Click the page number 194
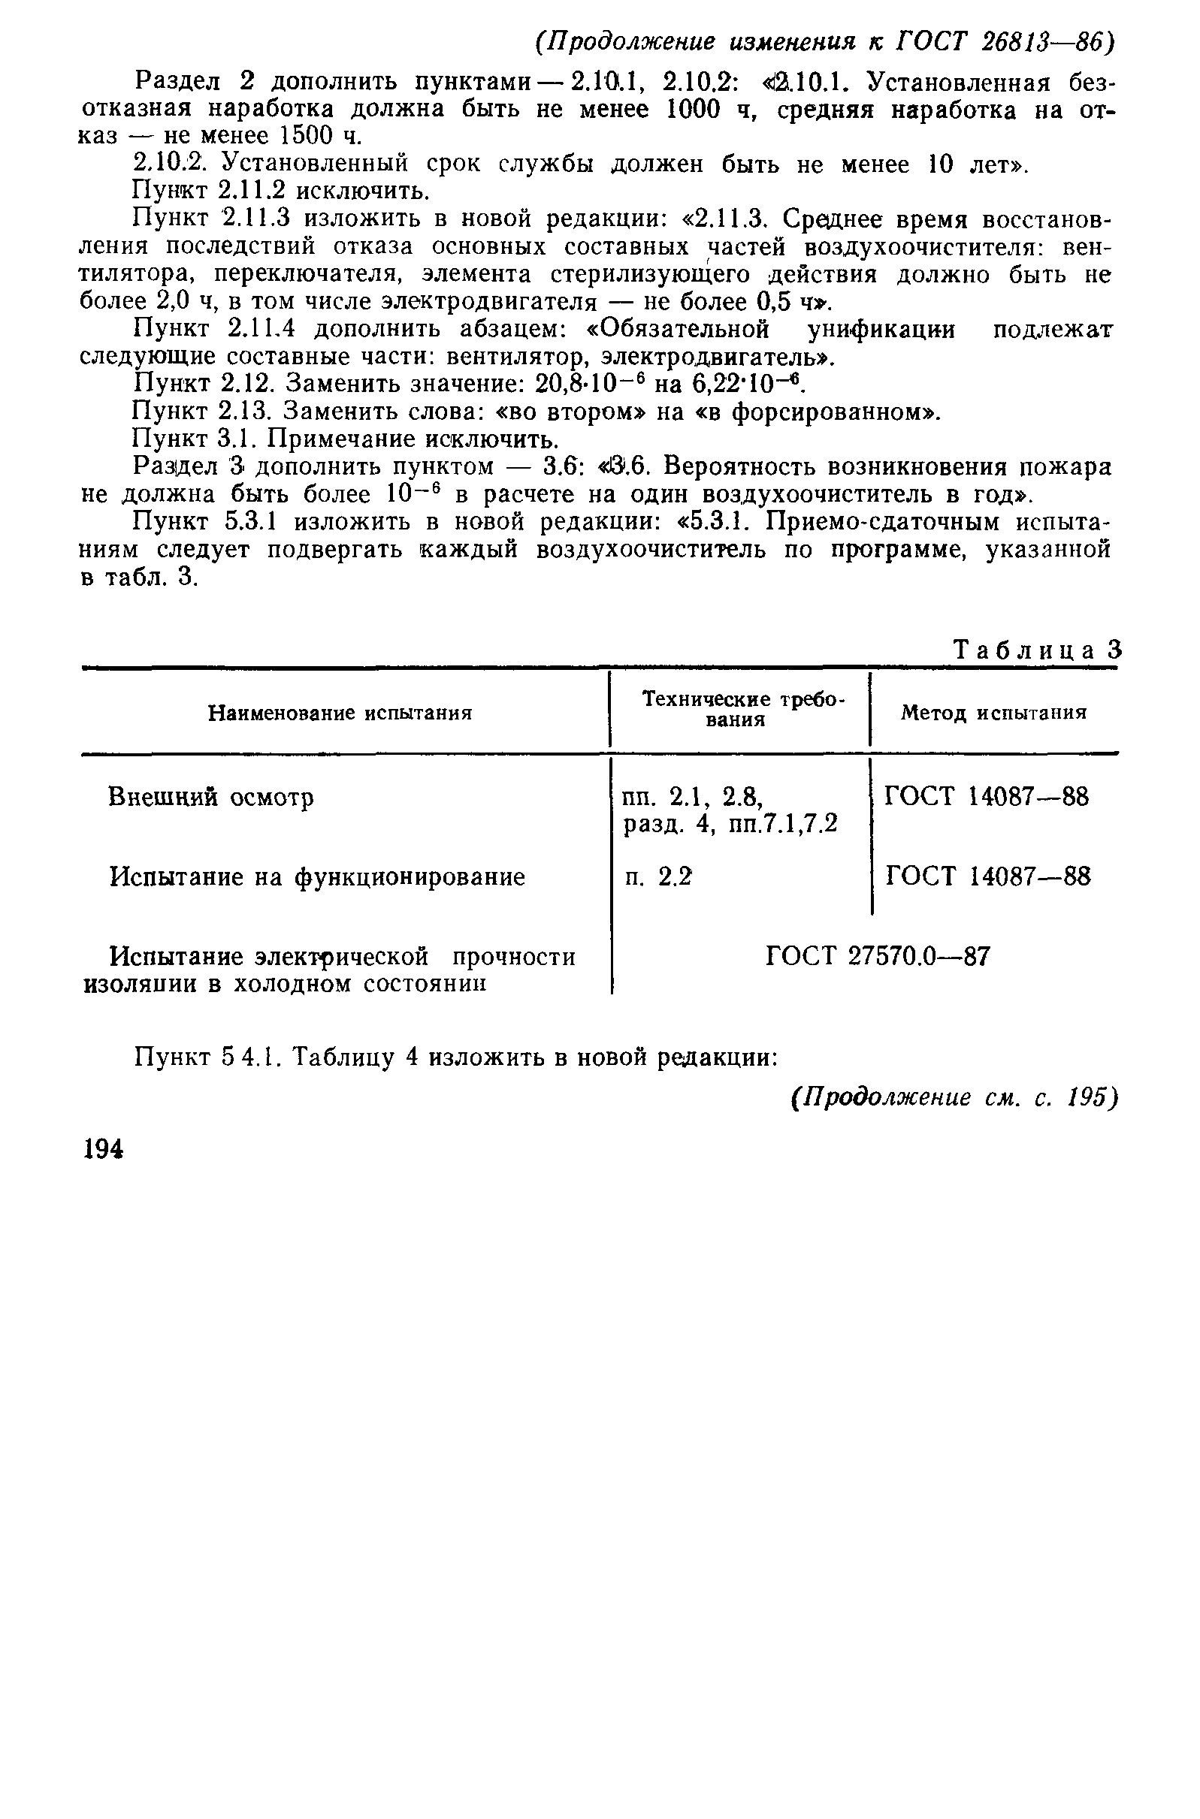[104, 1150]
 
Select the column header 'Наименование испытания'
[340, 713]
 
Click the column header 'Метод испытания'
[993, 713]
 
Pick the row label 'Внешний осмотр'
[211, 797]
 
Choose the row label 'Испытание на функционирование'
[318, 876]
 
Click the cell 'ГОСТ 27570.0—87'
[878, 955]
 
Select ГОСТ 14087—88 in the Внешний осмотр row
[987, 797]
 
